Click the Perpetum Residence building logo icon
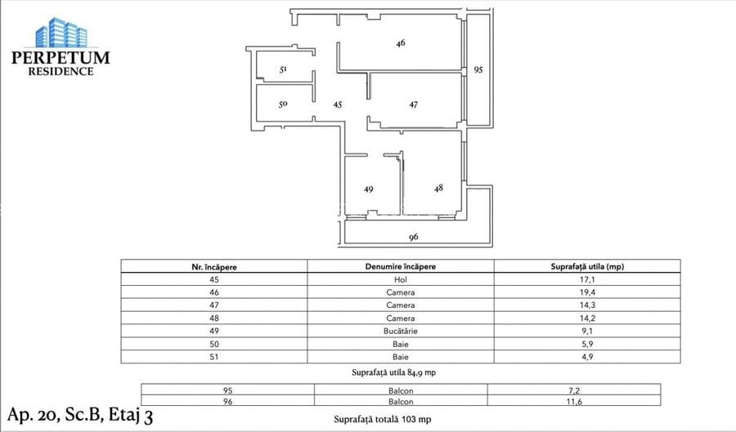(61, 32)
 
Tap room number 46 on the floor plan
(401, 42)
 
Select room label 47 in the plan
(414, 105)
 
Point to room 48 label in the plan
(439, 188)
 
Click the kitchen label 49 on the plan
(369, 189)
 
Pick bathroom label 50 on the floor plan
(283, 105)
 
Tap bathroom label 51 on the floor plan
(283, 70)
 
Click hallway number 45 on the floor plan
(337, 105)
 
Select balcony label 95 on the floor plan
(478, 70)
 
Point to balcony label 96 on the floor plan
(414, 238)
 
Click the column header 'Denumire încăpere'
(400, 266)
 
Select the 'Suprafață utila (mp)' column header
(588, 266)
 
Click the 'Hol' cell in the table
(400, 279)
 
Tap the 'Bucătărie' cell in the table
(400, 332)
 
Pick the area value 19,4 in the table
(588, 292)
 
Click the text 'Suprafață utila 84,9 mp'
(400, 372)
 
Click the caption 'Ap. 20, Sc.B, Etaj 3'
(82, 414)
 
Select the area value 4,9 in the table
(588, 357)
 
